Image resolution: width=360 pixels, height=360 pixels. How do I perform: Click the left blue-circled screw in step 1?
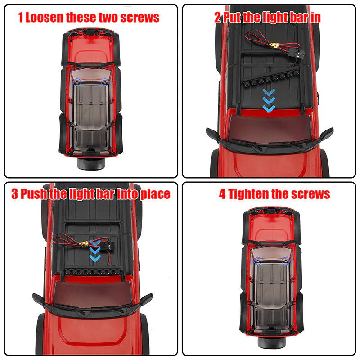pos(77,82)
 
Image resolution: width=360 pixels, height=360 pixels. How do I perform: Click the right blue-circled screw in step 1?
pos(105,82)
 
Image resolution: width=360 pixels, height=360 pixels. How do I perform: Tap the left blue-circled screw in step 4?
pos(258,261)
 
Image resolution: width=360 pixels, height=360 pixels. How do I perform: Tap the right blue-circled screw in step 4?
pos(285,261)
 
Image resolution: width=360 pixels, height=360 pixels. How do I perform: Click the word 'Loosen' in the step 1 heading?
pos(44,18)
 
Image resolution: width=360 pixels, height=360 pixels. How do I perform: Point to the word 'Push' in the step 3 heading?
pos(33,194)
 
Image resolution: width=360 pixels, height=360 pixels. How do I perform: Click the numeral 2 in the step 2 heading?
pos(217,18)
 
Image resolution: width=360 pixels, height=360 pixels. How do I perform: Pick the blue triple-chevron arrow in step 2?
pos(269,100)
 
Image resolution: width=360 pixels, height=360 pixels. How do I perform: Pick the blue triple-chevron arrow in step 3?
pos(95,251)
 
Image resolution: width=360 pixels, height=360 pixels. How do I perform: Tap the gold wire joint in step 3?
pos(83,243)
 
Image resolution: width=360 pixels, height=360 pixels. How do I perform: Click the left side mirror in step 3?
pos(39,299)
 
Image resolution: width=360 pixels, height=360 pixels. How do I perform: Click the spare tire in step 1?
pos(91,163)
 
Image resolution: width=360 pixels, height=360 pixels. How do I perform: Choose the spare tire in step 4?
pos(272,342)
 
